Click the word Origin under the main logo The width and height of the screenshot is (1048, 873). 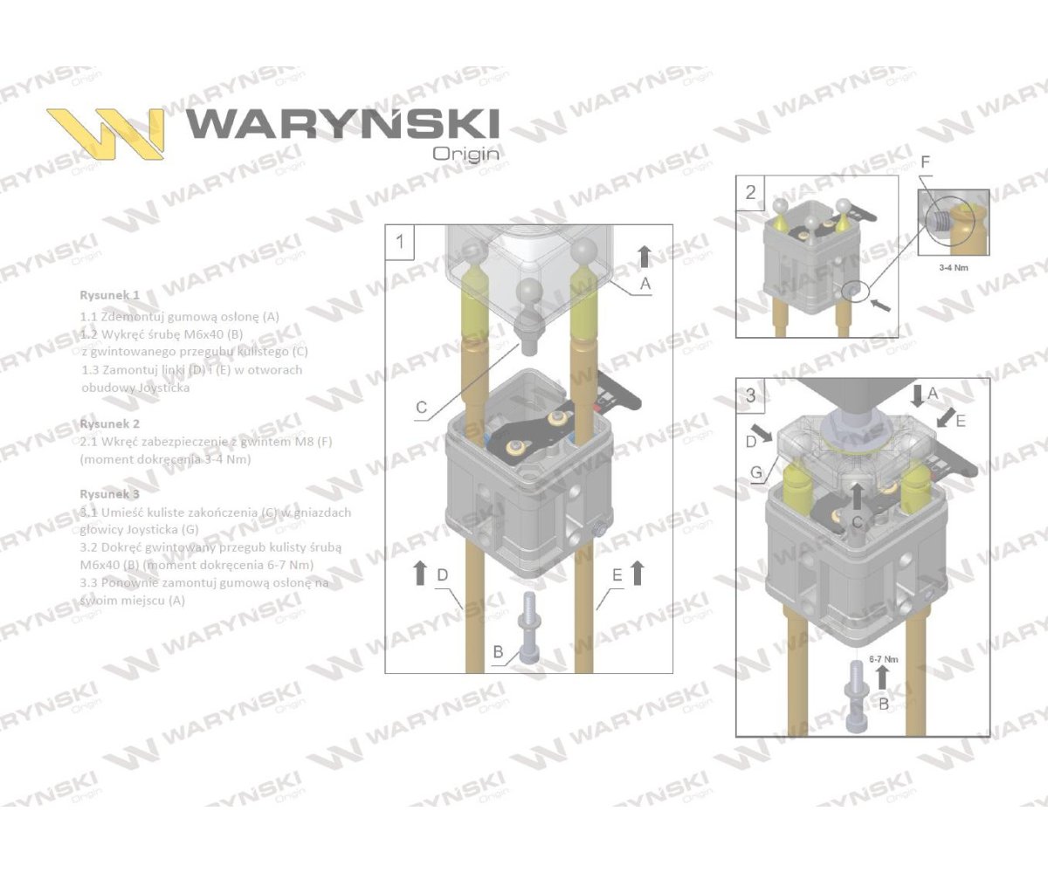tap(466, 153)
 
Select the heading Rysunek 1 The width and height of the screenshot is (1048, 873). tap(109, 295)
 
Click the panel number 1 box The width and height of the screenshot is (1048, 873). tap(401, 241)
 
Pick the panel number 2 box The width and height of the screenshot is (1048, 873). tap(751, 192)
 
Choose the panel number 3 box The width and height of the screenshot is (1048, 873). tap(751, 394)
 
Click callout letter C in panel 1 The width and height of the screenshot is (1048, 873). tap(421, 407)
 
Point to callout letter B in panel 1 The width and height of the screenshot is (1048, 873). tap(498, 651)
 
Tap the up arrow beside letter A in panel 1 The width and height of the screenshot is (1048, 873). tap(644, 256)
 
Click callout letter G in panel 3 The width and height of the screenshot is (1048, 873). tap(756, 471)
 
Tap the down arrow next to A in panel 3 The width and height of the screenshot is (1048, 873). tap(915, 395)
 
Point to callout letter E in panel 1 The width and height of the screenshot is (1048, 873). tap(617, 575)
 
